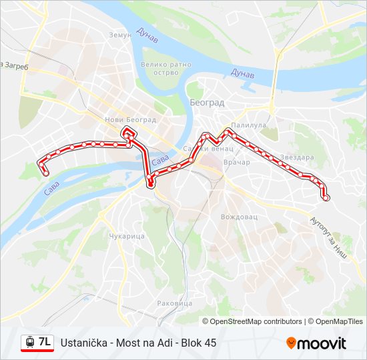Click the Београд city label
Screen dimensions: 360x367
pyautogui.click(x=207, y=103)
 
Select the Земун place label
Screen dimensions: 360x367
pyautogui.click(x=120, y=35)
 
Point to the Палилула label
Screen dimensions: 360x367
pyautogui.click(x=248, y=125)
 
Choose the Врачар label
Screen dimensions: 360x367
pyautogui.click(x=237, y=162)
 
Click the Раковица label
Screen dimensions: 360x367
pyautogui.click(x=174, y=303)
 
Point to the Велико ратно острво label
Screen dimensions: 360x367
pyautogui.click(x=165, y=69)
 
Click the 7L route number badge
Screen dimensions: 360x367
pyautogui.click(x=45, y=342)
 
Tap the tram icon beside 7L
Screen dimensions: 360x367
pyautogui.click(x=29, y=342)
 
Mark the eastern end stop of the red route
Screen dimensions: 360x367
pyautogui.click(x=326, y=197)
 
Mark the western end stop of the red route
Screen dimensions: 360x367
pyautogui.click(x=46, y=173)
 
